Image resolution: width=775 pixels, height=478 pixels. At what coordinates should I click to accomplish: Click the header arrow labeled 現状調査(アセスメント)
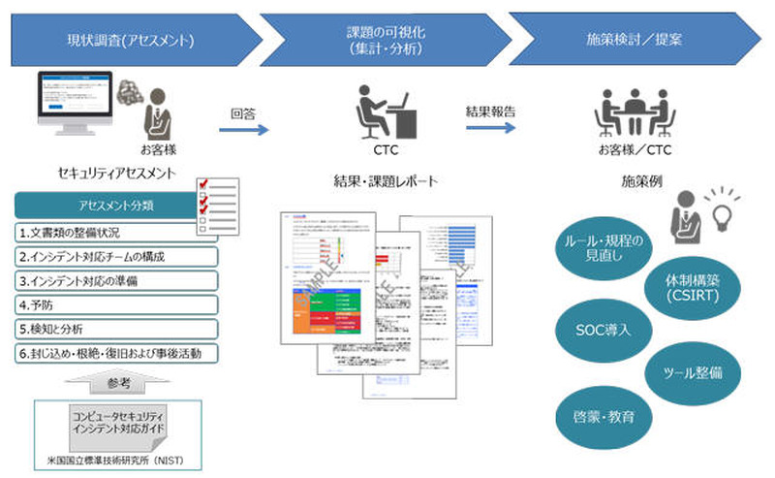tap(131, 41)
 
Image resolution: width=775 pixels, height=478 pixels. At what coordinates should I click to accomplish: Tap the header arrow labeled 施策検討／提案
tap(635, 41)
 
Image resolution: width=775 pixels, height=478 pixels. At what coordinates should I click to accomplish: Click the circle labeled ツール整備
tap(689, 371)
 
